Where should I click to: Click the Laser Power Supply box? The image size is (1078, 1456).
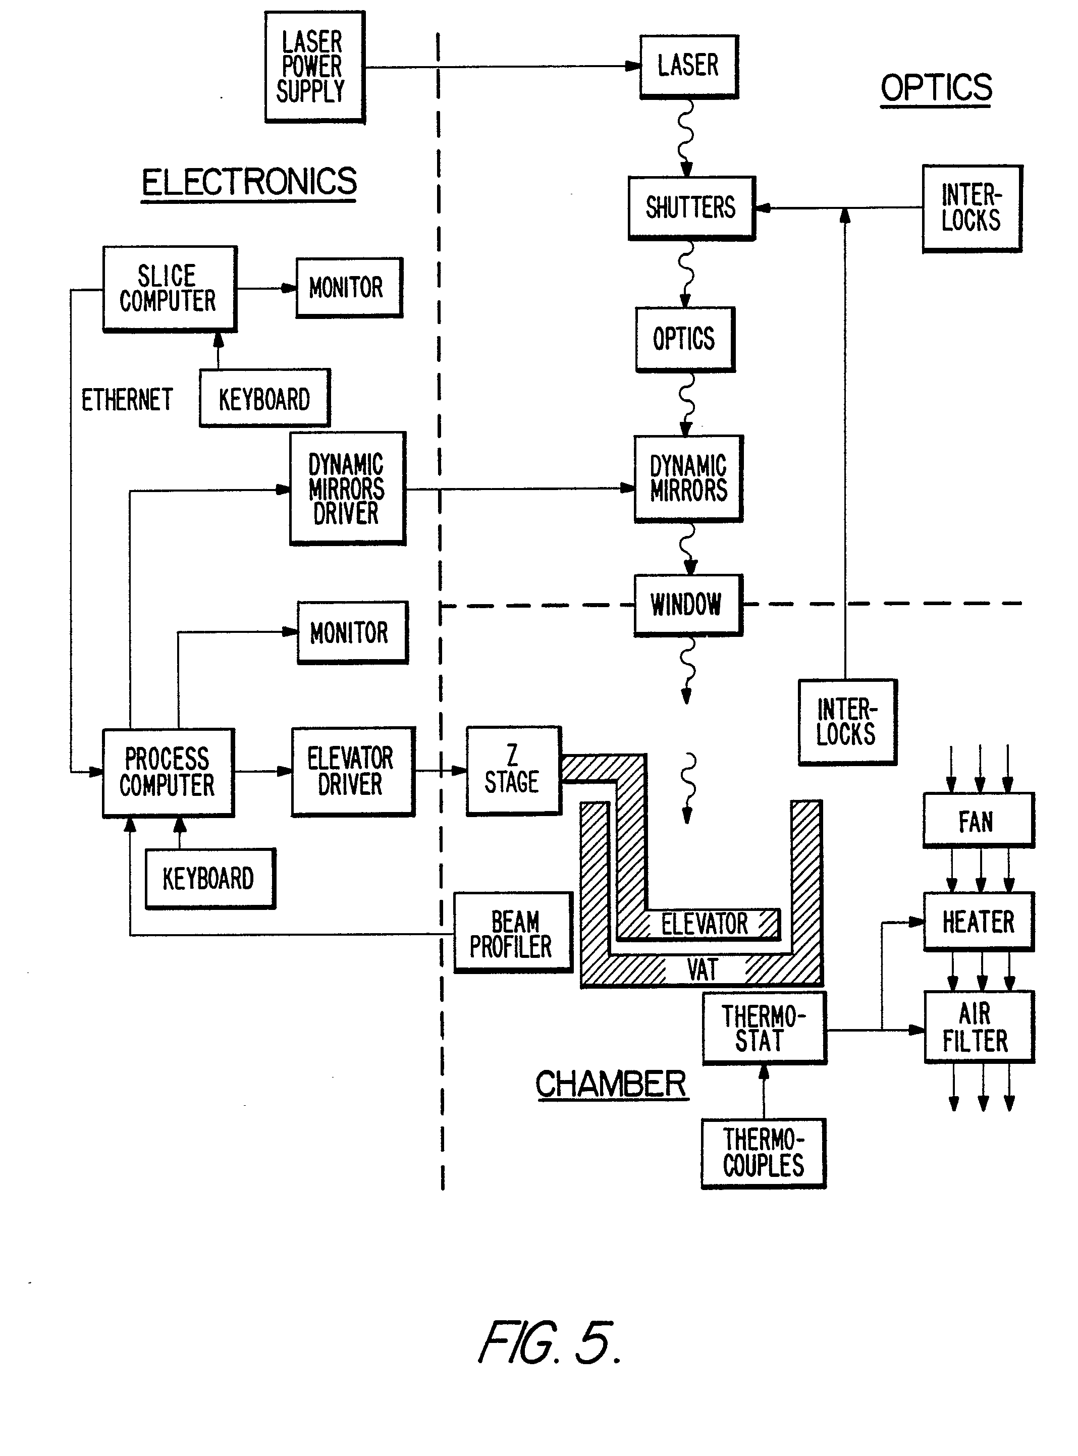[x=314, y=67]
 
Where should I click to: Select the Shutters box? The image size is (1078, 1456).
[x=691, y=207]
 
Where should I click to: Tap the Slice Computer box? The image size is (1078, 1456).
[x=169, y=289]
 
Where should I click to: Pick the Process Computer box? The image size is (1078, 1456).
[x=168, y=772]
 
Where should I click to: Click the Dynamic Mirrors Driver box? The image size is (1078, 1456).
[x=347, y=488]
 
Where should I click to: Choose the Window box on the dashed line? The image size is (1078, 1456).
[x=688, y=604]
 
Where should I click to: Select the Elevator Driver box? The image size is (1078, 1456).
[x=352, y=771]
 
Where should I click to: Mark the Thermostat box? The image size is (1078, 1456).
[x=764, y=1029]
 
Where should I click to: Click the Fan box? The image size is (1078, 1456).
[x=978, y=820]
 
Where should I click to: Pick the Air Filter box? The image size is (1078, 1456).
[x=978, y=1027]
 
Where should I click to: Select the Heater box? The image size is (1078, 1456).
[x=978, y=922]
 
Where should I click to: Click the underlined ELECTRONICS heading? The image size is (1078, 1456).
[x=249, y=182]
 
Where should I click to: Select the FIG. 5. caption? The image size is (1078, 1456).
[x=550, y=1343]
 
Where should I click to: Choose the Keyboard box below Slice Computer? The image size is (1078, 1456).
[x=264, y=398]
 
